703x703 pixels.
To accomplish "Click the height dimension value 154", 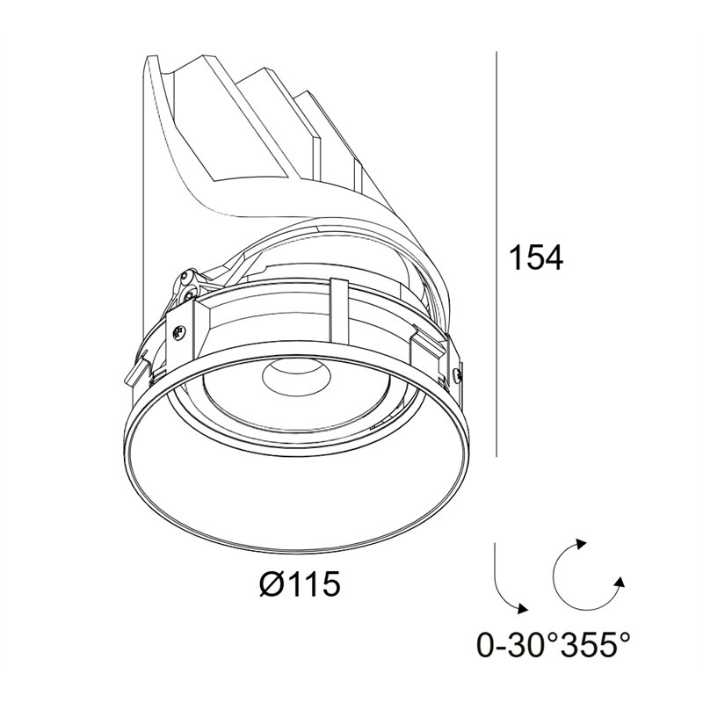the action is click(x=537, y=257).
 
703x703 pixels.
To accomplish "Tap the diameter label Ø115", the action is click(x=300, y=584).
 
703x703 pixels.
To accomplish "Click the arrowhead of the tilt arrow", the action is click(x=523, y=608).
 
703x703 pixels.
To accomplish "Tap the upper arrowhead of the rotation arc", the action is click(x=581, y=543).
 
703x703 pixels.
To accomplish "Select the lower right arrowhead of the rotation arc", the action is click(x=620, y=582).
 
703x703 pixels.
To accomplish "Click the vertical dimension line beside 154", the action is click(x=496, y=254).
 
